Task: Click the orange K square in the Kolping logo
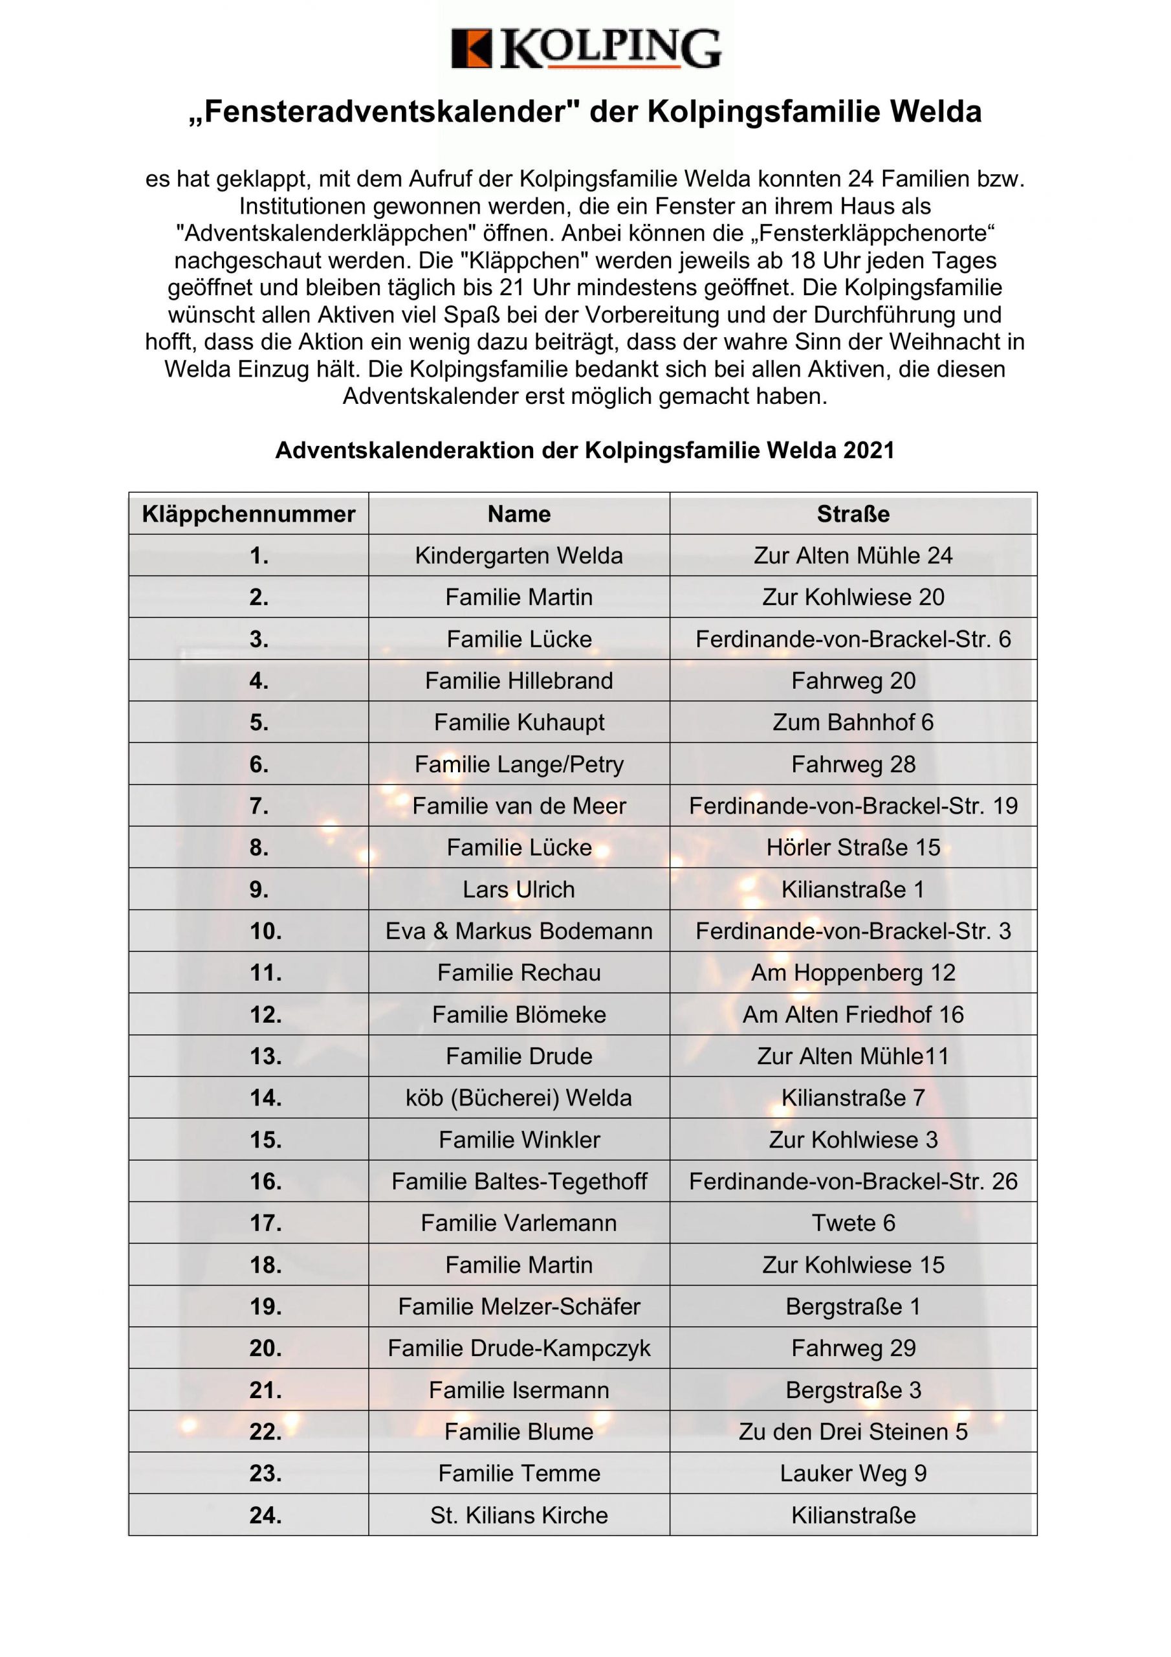pyautogui.click(x=471, y=49)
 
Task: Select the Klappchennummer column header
pyautogui.click(x=248, y=514)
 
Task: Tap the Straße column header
pyautogui.click(x=853, y=514)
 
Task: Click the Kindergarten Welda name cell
pyautogui.click(x=519, y=556)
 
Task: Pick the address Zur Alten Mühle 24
pyautogui.click(x=853, y=556)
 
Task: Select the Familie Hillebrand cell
pyautogui.click(x=519, y=680)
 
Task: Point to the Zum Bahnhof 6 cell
pyautogui.click(x=853, y=722)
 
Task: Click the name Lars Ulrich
pyautogui.click(x=519, y=889)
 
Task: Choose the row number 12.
pyautogui.click(x=265, y=1015)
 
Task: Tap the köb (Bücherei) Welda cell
pyautogui.click(x=519, y=1098)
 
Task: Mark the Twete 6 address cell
pyautogui.click(x=853, y=1223)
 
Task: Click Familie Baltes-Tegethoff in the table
pyautogui.click(x=519, y=1181)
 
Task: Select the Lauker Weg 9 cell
pyautogui.click(x=853, y=1474)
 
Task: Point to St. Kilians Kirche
pyautogui.click(x=519, y=1515)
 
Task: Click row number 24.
pyautogui.click(x=265, y=1515)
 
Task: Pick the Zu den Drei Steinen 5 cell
pyautogui.click(x=853, y=1432)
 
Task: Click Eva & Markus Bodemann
pyautogui.click(x=519, y=931)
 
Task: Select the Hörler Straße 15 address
pyautogui.click(x=853, y=847)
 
